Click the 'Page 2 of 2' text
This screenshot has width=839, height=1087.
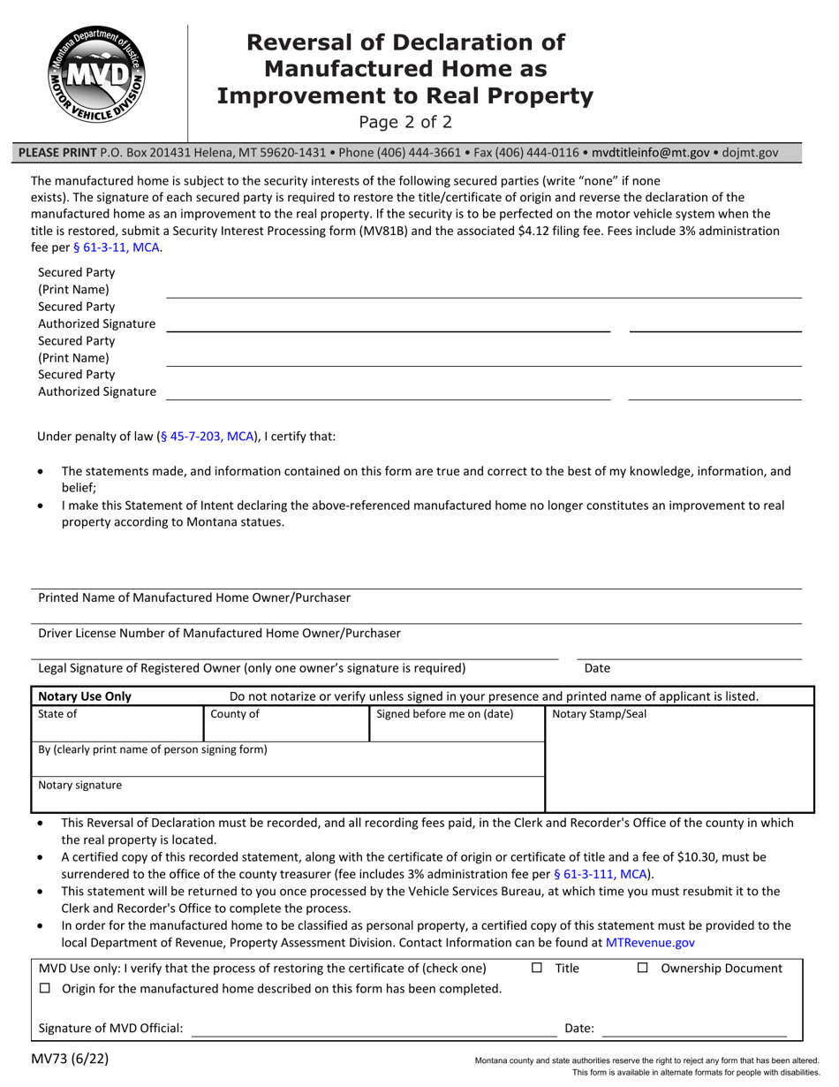[405, 122]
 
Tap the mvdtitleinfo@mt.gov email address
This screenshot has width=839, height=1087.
[650, 152]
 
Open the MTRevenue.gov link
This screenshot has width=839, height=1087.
[650, 943]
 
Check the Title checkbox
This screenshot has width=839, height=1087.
[537, 969]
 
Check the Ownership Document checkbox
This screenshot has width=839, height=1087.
[643, 969]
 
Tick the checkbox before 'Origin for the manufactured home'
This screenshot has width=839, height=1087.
[46, 989]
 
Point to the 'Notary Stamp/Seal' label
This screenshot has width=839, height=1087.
[599, 714]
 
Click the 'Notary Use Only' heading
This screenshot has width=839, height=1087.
[85, 696]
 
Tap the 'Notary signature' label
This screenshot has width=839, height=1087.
[80, 785]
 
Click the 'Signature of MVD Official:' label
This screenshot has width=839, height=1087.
[111, 1028]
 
